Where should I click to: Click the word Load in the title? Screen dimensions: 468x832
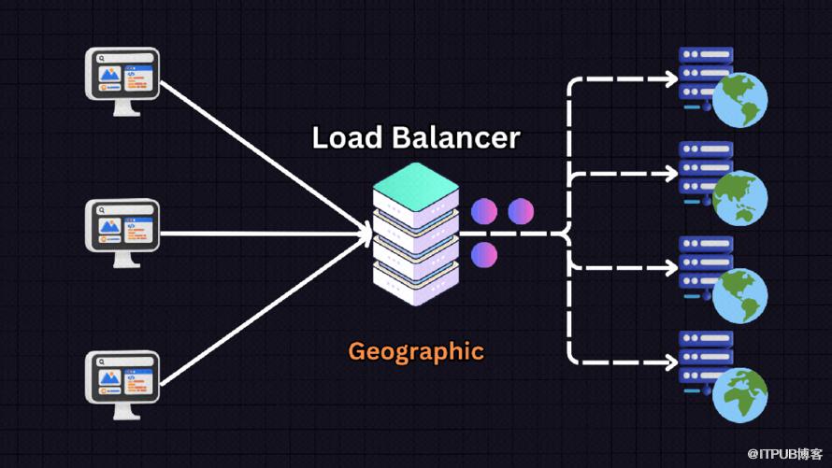click(347, 138)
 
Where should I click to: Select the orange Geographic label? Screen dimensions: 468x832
click(416, 351)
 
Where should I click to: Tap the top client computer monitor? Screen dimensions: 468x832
click(122, 76)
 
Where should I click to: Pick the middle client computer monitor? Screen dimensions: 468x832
click(122, 226)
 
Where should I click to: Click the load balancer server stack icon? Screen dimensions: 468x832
click(416, 234)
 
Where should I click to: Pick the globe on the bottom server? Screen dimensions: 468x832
click(740, 393)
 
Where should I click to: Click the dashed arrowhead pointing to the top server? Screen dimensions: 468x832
click(669, 80)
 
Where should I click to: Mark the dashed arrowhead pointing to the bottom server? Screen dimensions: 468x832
click(669, 362)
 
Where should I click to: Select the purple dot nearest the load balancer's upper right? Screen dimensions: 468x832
click(484, 210)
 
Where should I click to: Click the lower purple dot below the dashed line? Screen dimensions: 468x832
click(484, 254)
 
